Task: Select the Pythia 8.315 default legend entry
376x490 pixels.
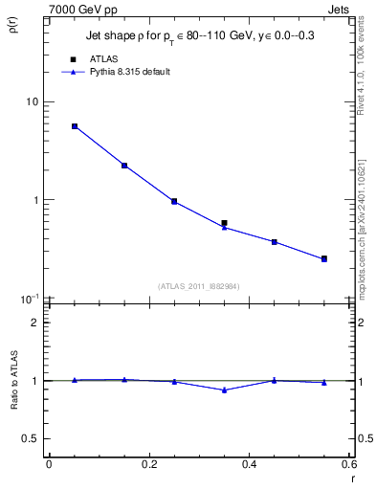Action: pyautogui.click(x=129, y=72)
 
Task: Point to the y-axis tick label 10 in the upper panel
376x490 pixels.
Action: pyautogui.click(x=32, y=101)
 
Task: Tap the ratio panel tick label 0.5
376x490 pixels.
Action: pyautogui.click(x=31, y=438)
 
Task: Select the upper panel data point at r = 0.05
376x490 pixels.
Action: pyautogui.click(x=75, y=126)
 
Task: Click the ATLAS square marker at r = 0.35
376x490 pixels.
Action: pyautogui.click(x=224, y=223)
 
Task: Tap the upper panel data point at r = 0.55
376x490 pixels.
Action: pyautogui.click(x=324, y=258)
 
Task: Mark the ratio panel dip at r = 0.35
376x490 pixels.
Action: pyautogui.click(x=224, y=390)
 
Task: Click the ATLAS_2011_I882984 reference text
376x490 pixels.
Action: pyautogui.click(x=198, y=285)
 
